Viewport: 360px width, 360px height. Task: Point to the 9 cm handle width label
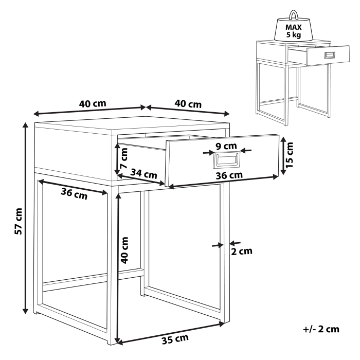pyautogui.click(x=225, y=146)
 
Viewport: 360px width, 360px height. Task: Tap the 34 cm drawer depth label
pyautogui.click(x=143, y=174)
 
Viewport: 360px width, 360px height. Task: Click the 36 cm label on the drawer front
pyautogui.click(x=228, y=175)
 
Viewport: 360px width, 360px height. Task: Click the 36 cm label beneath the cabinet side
pyautogui.click(x=74, y=194)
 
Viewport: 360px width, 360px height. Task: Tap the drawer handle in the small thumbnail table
pyautogui.click(x=329, y=55)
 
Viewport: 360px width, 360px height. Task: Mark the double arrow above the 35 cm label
pyautogui.click(x=170, y=332)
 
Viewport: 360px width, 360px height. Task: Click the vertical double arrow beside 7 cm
pyautogui.click(x=117, y=157)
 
